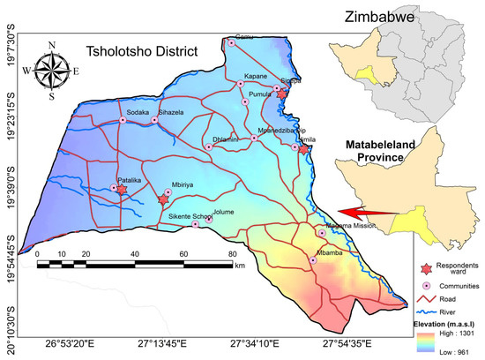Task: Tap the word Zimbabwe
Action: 390,13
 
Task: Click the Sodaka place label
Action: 138,113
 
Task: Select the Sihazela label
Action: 171,113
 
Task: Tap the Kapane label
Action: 255,78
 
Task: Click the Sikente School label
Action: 190,215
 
